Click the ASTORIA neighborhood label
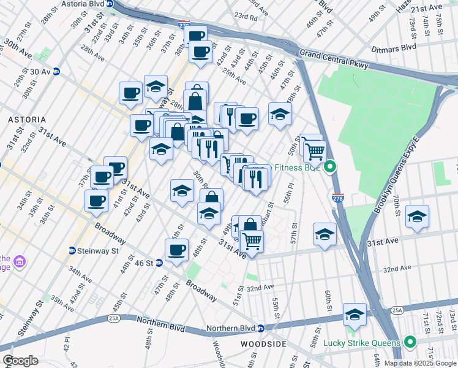23,119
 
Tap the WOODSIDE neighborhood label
263,345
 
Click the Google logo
21,361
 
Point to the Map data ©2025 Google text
420,363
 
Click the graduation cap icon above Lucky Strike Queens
355,314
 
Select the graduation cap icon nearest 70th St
417,216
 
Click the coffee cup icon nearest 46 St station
176,250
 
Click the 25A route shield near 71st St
397,311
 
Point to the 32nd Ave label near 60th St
397,269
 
